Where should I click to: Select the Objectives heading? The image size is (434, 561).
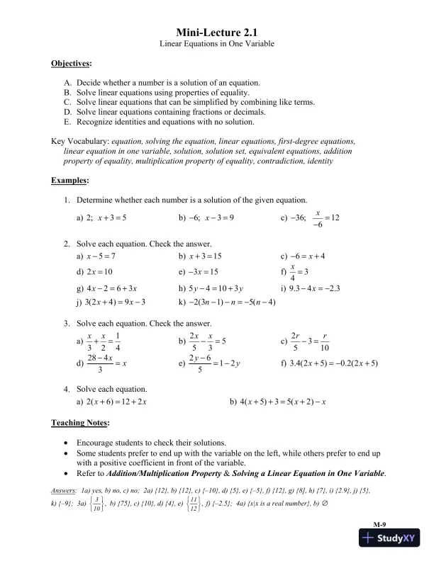[x=71, y=64]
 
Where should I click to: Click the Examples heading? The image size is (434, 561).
[x=69, y=181]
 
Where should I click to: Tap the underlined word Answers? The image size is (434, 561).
[x=65, y=490]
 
